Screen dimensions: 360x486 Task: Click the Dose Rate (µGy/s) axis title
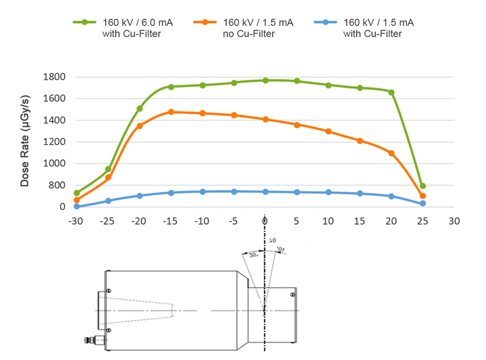click(x=25, y=142)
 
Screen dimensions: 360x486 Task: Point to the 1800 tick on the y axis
click(x=54, y=77)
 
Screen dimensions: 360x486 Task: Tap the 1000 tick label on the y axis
click(x=54, y=164)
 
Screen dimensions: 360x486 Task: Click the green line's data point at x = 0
click(x=266, y=80)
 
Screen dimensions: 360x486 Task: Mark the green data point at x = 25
click(x=422, y=186)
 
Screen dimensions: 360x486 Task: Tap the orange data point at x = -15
click(x=171, y=112)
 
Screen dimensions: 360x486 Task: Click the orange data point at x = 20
click(x=391, y=153)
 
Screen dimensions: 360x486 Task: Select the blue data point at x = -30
click(x=76, y=206)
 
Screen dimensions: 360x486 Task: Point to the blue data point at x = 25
click(x=422, y=203)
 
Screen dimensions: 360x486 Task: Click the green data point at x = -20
click(x=140, y=109)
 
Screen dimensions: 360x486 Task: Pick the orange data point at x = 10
click(x=329, y=131)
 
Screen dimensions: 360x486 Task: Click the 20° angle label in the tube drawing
click(x=253, y=256)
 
